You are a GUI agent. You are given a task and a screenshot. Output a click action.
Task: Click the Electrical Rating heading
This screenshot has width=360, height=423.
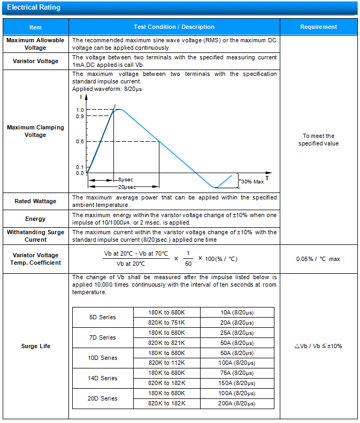coord(34,7)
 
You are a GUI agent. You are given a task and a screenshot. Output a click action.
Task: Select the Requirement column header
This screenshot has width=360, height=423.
coord(318,27)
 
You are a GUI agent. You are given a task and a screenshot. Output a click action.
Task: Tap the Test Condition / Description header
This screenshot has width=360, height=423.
coord(174,27)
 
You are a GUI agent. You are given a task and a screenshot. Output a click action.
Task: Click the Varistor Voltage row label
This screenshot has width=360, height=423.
coord(35,61)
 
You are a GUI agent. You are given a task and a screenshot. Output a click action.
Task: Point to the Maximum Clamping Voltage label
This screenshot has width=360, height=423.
coord(35,131)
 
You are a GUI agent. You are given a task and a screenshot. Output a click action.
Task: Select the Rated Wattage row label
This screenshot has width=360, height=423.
coord(35,201)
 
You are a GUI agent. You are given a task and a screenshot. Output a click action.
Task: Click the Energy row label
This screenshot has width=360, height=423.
coord(35,219)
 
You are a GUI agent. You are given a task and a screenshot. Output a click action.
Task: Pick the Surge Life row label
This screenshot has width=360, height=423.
coord(35,346)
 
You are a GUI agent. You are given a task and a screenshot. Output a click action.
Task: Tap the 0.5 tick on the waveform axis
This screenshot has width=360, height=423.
coord(80,141)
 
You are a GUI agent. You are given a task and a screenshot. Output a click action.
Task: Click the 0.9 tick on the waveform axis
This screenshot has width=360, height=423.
coord(80,116)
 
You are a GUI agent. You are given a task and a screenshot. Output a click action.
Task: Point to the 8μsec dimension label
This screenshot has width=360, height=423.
coord(126,180)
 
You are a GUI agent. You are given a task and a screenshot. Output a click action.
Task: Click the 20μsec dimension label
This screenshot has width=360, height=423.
coord(127,187)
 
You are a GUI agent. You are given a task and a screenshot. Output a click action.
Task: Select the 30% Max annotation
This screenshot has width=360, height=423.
coord(252,182)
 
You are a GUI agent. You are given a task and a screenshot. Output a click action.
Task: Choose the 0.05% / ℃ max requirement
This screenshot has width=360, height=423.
coord(318,259)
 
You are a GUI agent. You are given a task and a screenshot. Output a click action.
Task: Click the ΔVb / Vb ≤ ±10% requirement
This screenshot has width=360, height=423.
coord(318,346)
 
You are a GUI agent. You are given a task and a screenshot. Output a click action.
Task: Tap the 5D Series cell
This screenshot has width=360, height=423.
coord(102,317)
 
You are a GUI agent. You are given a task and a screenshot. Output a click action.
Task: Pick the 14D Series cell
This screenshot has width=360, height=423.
coord(102,378)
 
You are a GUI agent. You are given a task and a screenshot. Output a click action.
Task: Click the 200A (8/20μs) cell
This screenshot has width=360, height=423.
coord(236,403)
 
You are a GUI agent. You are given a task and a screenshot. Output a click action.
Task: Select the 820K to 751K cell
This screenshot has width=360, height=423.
coord(166,322)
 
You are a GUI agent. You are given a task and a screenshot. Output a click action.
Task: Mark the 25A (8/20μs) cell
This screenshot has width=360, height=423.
coord(236,333)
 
